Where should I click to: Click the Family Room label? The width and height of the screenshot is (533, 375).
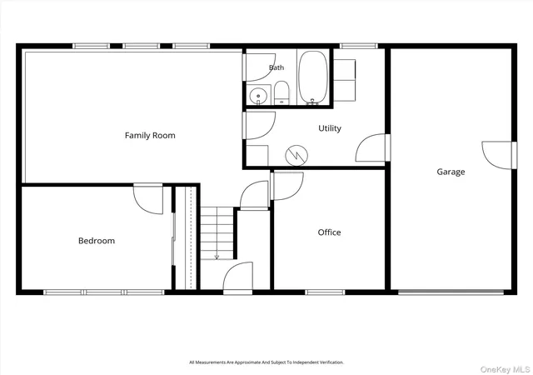pyautogui.click(x=150, y=136)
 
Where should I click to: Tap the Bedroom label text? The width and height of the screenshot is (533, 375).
pyautogui.click(x=97, y=241)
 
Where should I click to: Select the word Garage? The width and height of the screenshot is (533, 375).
pyautogui.click(x=451, y=172)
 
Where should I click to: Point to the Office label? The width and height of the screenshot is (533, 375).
pyautogui.click(x=329, y=232)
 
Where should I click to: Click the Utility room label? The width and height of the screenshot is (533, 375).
pyautogui.click(x=330, y=128)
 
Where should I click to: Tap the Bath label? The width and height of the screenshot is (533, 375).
pyautogui.click(x=276, y=67)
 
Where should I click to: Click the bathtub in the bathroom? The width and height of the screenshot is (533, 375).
pyautogui.click(x=313, y=77)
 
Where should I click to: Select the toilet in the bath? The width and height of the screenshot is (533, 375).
pyautogui.click(x=281, y=92)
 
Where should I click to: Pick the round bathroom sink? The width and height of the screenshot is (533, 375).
pyautogui.click(x=258, y=96)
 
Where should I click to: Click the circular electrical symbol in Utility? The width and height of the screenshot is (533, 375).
pyautogui.click(x=296, y=156)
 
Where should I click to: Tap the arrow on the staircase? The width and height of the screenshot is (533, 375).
pyautogui.click(x=217, y=257)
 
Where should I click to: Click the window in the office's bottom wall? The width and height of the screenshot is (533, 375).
pyautogui.click(x=325, y=292)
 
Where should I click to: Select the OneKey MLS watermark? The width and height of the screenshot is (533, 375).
pyautogui.click(x=506, y=369)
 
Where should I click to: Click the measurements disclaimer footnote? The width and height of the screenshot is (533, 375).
pyautogui.click(x=266, y=362)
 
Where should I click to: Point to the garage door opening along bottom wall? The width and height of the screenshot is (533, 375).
pyautogui.click(x=451, y=292)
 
